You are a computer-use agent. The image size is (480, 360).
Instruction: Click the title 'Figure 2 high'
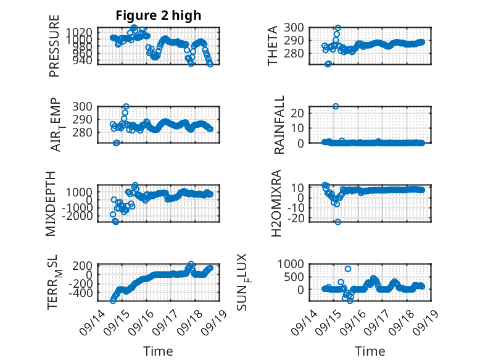(159, 15)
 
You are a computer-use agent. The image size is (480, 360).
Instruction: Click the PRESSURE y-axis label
(54, 46)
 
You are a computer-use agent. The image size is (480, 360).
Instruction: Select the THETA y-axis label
(272, 46)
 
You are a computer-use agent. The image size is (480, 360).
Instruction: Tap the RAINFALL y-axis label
(279, 125)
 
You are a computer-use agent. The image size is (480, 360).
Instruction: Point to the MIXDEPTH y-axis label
(51, 203)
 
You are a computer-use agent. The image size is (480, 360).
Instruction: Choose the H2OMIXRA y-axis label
(276, 203)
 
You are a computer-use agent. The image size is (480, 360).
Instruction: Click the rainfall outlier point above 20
(336, 106)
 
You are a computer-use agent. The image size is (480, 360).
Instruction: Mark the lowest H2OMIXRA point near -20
(337, 222)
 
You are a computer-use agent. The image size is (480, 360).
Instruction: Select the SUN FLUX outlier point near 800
(348, 269)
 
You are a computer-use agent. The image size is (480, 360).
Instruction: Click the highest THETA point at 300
(337, 28)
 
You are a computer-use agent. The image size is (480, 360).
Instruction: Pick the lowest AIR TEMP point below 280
(116, 143)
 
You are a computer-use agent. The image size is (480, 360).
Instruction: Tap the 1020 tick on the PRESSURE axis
(79, 31)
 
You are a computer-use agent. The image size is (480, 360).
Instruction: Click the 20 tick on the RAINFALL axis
(297, 113)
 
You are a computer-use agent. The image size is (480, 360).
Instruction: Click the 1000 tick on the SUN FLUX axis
(291, 264)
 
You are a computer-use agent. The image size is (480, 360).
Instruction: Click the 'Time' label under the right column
(370, 351)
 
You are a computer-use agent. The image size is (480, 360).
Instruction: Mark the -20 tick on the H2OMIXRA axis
(295, 218)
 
